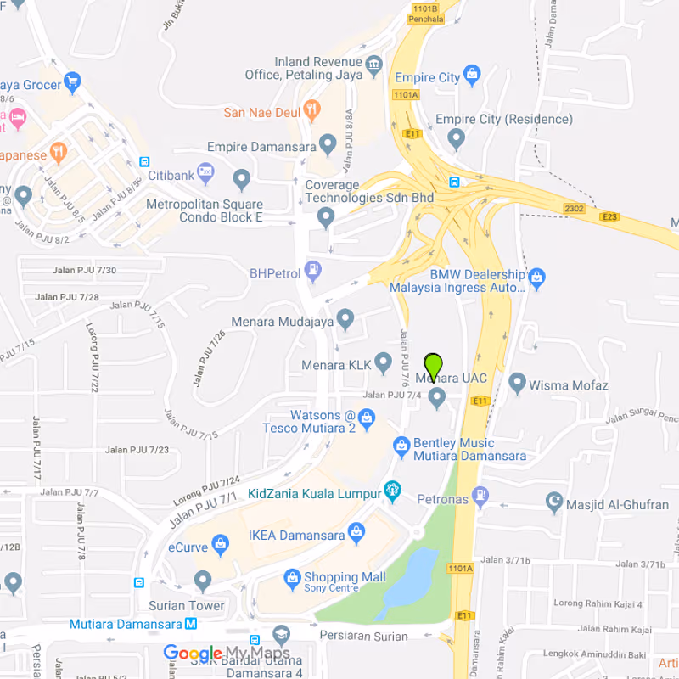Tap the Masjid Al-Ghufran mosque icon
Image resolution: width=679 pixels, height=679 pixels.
coord(555,503)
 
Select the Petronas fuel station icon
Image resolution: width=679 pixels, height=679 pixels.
coord(481,494)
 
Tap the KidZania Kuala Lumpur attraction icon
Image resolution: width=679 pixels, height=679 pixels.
coord(392,491)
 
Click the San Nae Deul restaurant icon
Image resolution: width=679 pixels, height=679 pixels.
coord(312,109)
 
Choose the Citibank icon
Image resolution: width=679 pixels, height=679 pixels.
coord(205,173)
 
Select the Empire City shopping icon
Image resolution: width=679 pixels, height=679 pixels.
coord(473,76)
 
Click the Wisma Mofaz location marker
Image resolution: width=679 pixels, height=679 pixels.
coord(517,384)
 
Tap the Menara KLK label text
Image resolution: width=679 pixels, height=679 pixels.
coord(337,365)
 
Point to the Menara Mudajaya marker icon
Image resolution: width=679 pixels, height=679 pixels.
coord(345,320)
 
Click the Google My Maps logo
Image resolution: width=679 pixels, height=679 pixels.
coord(226,654)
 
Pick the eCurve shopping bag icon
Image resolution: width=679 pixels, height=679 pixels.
coord(221,544)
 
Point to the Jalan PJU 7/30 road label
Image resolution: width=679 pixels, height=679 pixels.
coord(84,271)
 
